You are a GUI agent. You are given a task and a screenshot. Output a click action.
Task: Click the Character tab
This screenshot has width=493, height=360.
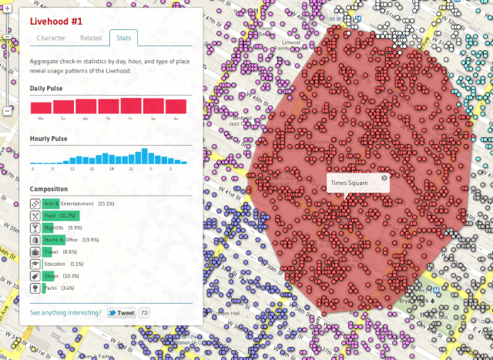tap(51, 38)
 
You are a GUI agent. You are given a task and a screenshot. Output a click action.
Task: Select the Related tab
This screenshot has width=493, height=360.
tap(91, 38)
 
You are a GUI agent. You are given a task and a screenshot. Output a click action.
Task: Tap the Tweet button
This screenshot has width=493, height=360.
tap(122, 313)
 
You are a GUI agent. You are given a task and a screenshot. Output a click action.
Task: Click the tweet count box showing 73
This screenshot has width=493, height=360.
tap(144, 313)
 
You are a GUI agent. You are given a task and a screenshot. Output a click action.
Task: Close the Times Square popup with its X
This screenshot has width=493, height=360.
tap(384, 179)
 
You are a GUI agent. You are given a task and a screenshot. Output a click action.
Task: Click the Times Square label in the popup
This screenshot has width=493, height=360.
tap(348, 183)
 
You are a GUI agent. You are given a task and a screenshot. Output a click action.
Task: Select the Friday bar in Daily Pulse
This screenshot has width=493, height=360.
tap(132, 106)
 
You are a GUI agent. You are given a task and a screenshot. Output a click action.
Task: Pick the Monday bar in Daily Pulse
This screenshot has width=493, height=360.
tap(41, 108)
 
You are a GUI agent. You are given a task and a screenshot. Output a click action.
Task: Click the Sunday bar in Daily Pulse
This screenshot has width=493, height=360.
tap(176, 107)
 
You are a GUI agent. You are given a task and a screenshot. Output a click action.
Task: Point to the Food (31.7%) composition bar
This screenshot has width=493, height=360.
tap(61, 216)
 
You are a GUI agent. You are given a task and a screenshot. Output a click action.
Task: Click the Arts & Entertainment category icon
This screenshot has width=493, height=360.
tap(35, 204)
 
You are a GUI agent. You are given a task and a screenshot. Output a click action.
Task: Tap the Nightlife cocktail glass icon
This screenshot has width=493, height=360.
tap(35, 228)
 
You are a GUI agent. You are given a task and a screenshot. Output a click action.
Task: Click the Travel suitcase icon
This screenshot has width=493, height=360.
tap(35, 252)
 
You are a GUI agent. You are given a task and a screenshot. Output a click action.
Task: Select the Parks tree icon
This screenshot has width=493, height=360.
tap(35, 288)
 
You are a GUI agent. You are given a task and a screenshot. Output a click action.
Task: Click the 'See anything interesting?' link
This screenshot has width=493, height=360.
tap(65, 313)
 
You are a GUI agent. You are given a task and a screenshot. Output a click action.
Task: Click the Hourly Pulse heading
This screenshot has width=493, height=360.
tap(49, 139)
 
